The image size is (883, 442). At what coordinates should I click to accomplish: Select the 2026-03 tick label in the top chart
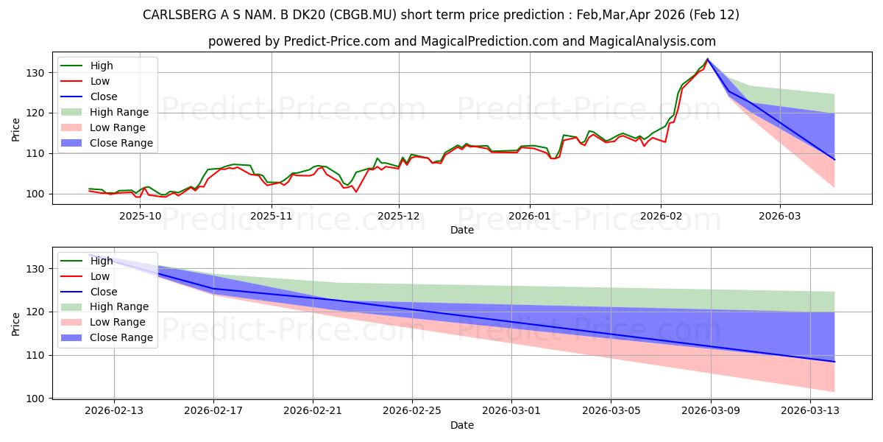coord(780,216)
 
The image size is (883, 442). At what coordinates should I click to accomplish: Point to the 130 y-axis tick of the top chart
coord(35,73)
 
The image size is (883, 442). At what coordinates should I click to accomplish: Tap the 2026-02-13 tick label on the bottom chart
coord(114,410)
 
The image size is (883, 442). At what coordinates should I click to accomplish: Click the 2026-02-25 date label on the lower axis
coord(412,410)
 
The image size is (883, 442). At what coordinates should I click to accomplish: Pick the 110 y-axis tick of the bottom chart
coord(35,355)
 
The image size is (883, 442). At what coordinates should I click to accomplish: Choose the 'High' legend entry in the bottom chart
coord(101,260)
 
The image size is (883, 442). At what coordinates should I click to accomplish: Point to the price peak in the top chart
coord(708,59)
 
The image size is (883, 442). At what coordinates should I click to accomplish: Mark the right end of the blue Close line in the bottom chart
coord(834,362)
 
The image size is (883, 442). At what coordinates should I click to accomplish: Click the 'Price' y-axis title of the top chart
coord(16,130)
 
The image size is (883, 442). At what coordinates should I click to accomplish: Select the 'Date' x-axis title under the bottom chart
coord(461,425)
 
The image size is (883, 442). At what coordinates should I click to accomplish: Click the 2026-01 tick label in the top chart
coord(530,216)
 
